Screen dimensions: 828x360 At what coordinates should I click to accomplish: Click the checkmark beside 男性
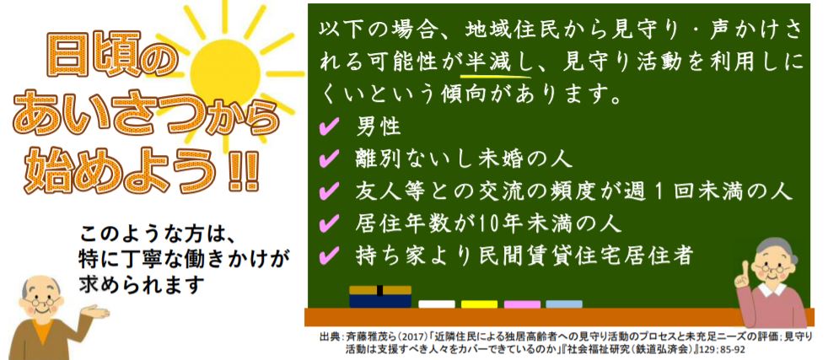330,126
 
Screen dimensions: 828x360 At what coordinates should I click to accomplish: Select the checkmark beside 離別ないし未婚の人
330,159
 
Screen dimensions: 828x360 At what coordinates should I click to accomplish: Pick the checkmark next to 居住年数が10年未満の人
330,223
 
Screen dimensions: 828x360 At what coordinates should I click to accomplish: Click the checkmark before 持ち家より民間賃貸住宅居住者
330,256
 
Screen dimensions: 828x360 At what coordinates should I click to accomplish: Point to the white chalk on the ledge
437,304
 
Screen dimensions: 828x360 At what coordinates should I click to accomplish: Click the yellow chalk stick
479,304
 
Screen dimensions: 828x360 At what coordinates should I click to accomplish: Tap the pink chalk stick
522,304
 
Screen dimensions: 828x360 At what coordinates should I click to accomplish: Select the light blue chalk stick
564,304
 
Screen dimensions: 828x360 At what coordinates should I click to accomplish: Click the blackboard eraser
380,297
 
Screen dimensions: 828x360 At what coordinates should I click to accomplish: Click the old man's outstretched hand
95,311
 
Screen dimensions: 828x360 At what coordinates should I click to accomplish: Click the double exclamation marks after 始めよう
244,171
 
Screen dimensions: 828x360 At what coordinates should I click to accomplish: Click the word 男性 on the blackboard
379,126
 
